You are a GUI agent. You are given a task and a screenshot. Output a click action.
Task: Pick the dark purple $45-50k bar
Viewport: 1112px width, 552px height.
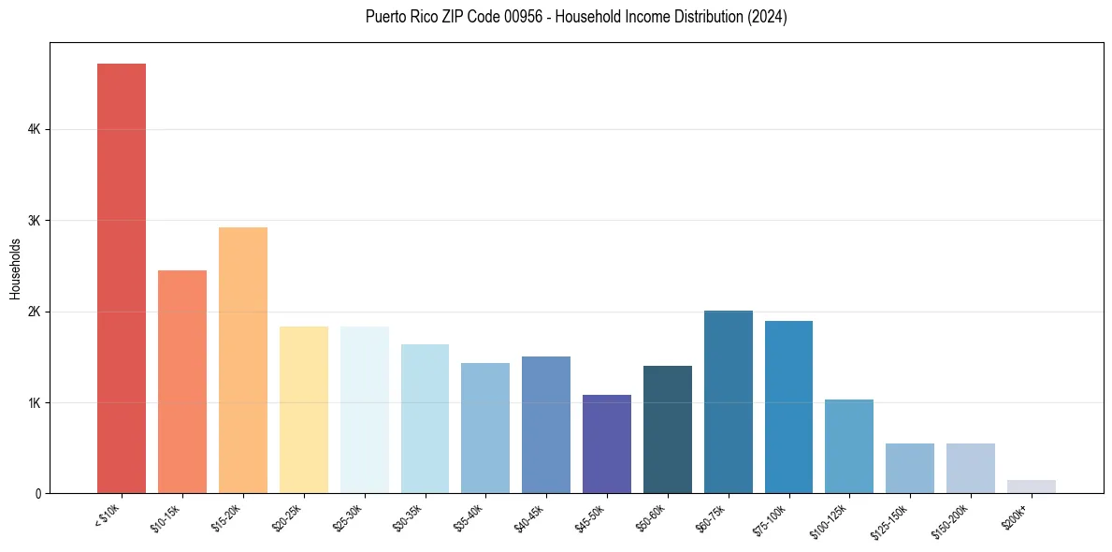[x=607, y=444]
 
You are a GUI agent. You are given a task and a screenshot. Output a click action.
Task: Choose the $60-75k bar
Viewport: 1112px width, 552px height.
[x=728, y=402]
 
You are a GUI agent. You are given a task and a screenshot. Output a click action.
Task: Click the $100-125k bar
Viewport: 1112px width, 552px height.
[x=849, y=446]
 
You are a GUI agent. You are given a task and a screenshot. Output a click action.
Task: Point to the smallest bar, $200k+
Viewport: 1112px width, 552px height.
[x=1031, y=487]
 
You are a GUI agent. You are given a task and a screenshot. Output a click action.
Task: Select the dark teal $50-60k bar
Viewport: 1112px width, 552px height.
[x=668, y=429]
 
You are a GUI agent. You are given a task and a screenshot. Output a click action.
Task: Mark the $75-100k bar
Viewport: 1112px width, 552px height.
[x=788, y=407]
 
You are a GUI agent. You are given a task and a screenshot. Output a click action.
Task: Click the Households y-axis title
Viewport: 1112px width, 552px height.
[x=15, y=269]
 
